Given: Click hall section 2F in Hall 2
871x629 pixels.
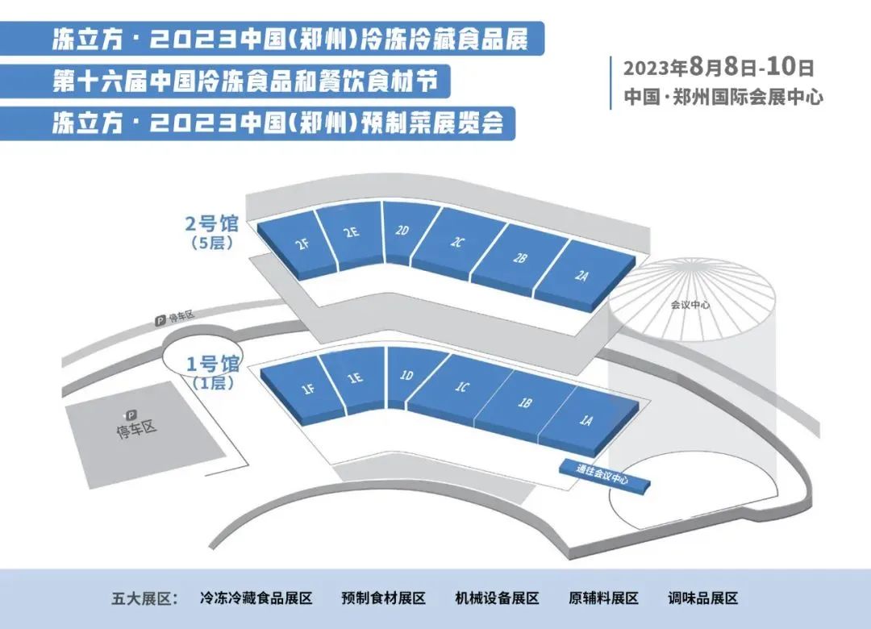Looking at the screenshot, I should (299, 244).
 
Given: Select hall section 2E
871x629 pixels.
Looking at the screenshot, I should (349, 234).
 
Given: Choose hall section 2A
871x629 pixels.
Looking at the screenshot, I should (581, 276).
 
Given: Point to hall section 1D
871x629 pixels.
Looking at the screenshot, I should (407, 377).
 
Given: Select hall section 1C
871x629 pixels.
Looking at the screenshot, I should (461, 388).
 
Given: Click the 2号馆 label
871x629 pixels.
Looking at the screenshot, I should (212, 224).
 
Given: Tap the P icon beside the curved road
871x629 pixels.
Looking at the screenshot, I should (160, 322).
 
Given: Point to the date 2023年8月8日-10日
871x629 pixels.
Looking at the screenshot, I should (718, 66).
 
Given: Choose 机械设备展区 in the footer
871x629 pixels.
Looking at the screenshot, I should (497, 598).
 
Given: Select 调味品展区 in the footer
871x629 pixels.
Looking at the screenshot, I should (703, 598).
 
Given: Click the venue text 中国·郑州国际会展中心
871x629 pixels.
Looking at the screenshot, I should (723, 97).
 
